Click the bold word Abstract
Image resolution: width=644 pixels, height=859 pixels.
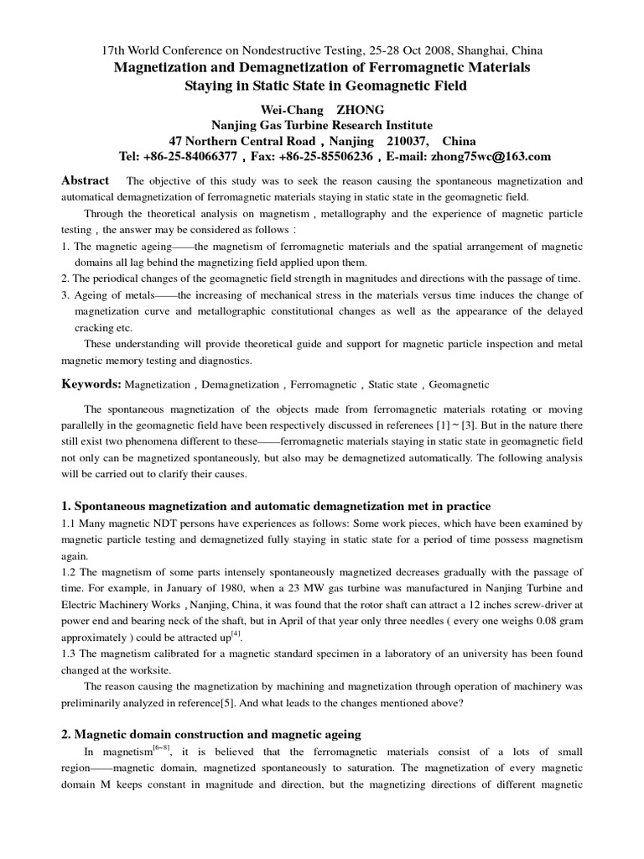[x=86, y=180]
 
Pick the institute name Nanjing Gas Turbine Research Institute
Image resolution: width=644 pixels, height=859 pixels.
[x=322, y=125]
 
